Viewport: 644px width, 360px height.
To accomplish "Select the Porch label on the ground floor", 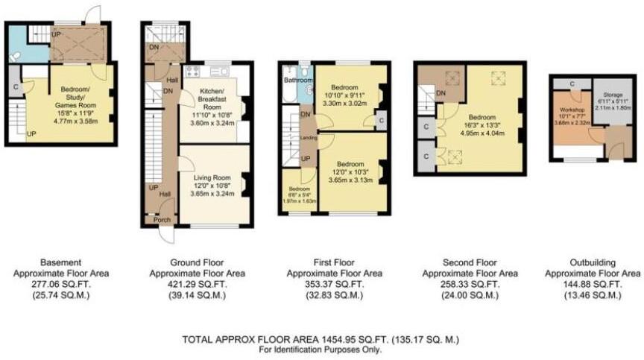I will [162, 220].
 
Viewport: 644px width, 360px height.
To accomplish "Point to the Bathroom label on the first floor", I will [297, 80].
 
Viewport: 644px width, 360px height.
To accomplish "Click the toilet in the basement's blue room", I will [16, 56].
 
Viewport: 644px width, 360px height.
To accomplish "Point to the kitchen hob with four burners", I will [192, 72].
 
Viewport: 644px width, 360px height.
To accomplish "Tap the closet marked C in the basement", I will [15, 87].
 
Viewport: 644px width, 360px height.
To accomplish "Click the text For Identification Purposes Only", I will [321, 349].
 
